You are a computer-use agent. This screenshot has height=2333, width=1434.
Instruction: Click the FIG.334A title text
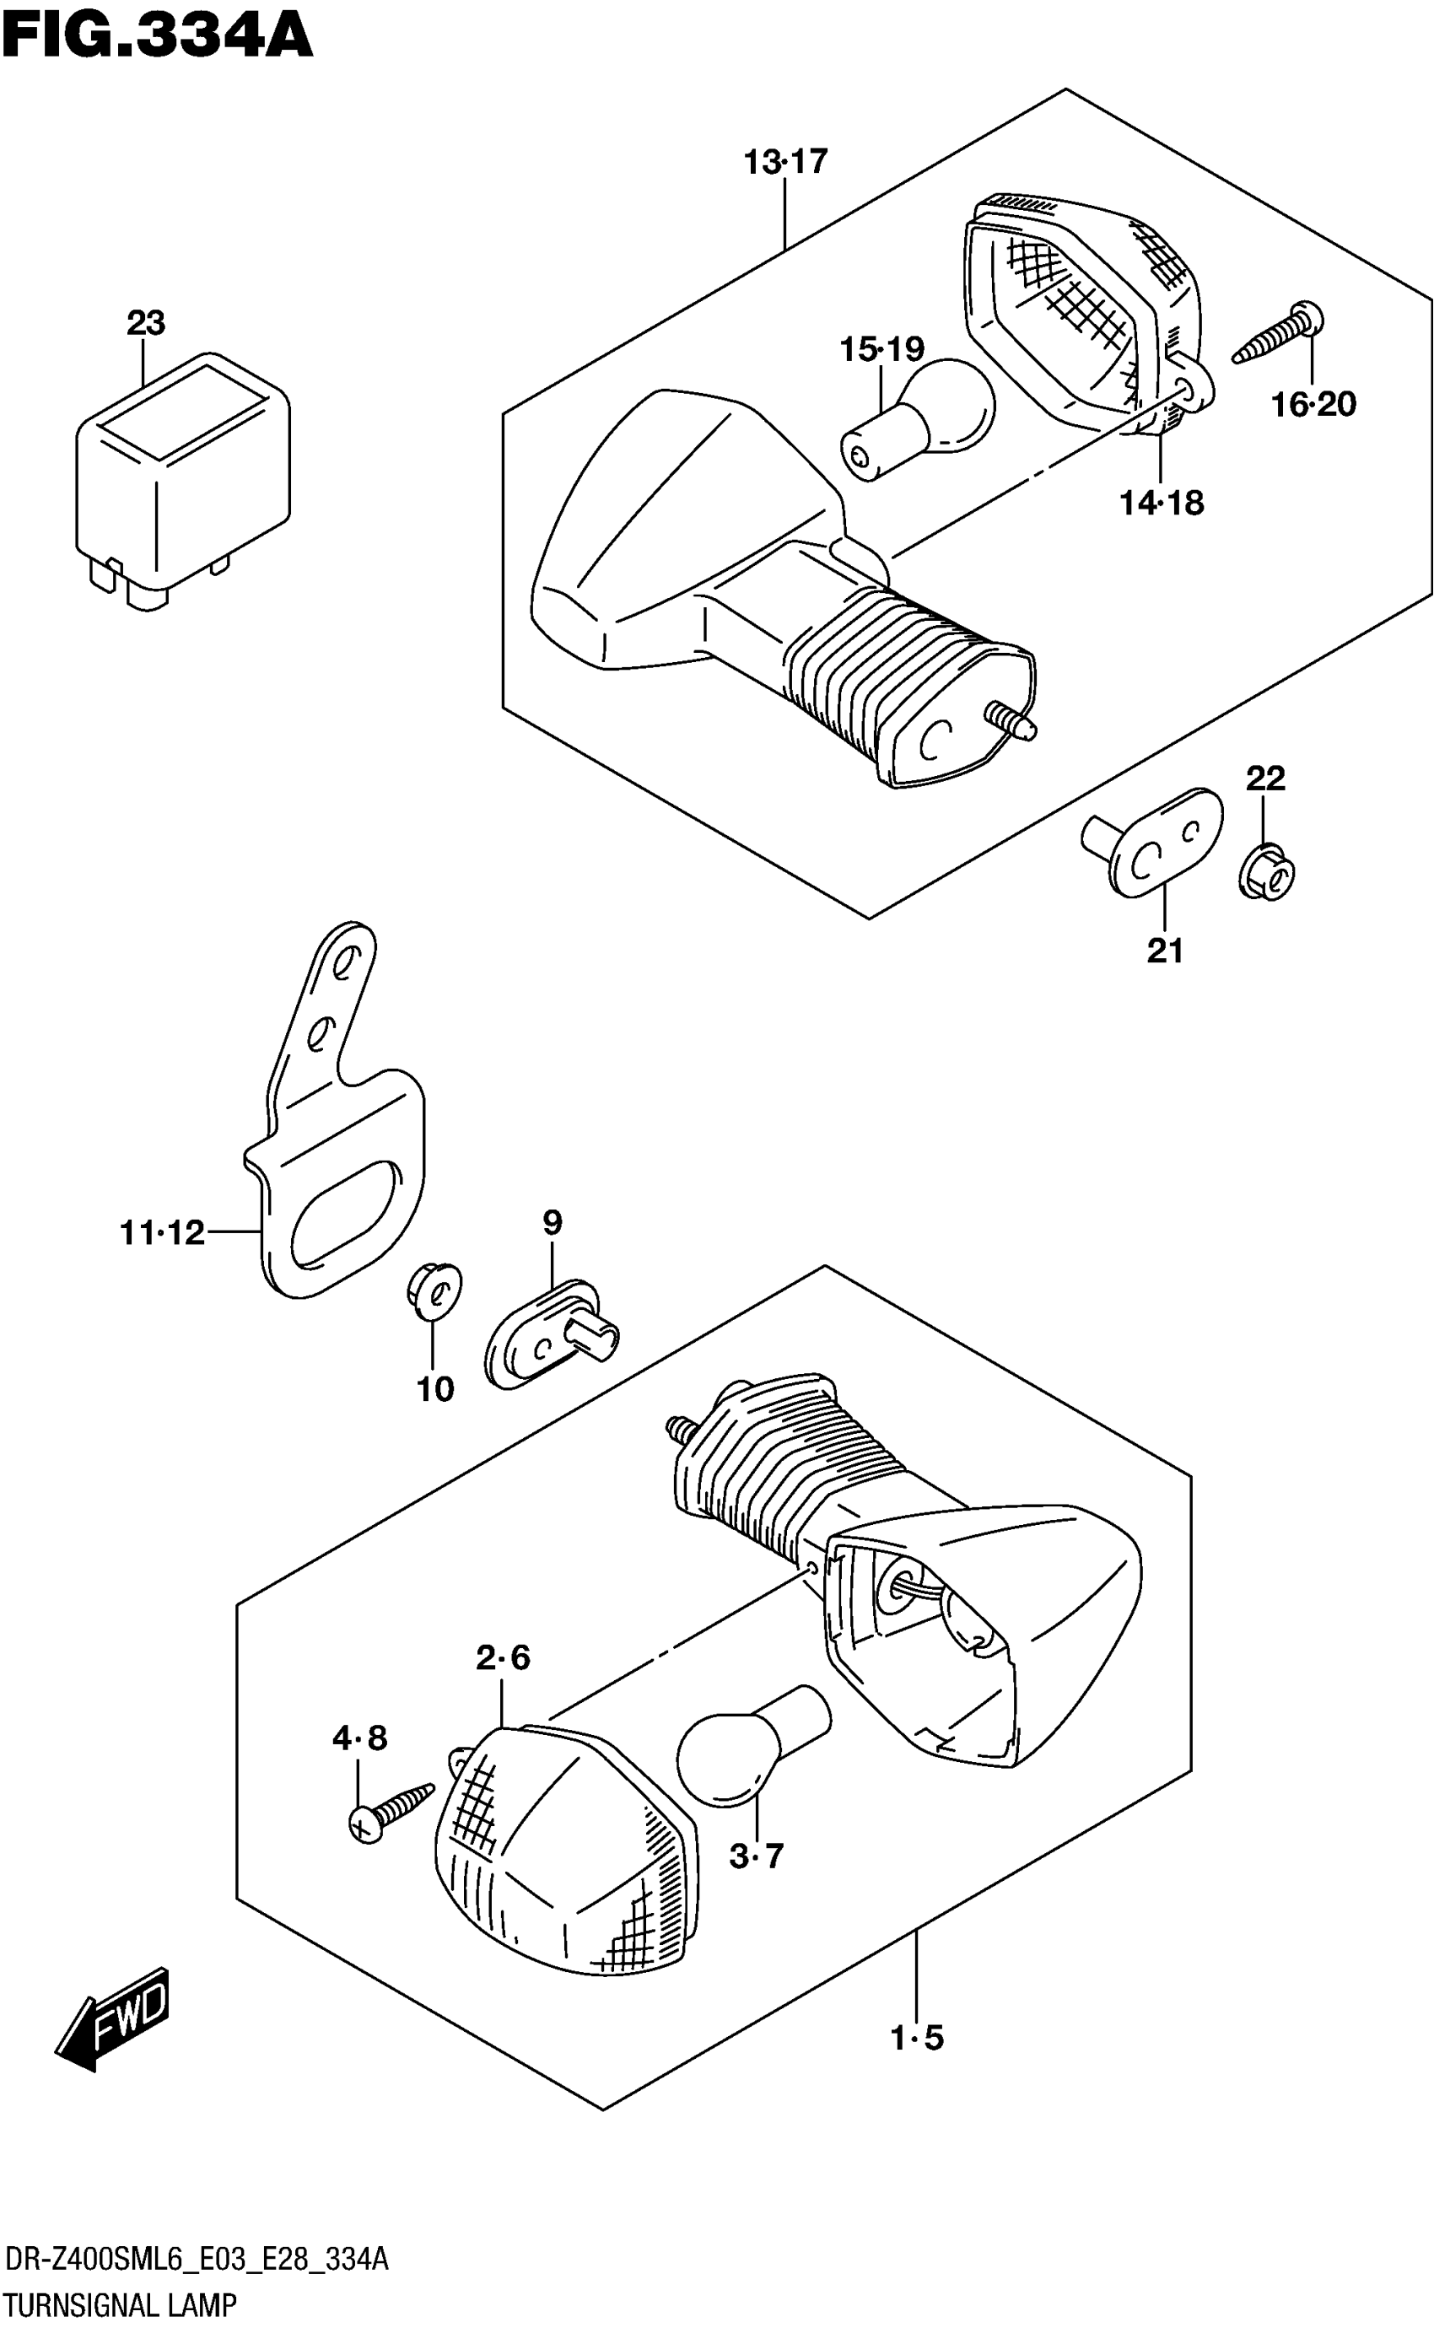coord(158,38)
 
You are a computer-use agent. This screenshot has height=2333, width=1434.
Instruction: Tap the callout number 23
coord(146,323)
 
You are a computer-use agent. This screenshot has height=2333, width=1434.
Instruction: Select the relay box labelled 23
coord(182,479)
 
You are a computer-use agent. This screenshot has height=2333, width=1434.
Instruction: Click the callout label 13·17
coord(785,162)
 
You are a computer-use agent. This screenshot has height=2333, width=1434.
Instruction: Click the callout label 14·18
coord(1162,503)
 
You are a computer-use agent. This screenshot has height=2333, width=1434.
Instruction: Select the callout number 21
coord(1166,951)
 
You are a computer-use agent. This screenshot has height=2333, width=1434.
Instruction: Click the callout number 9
coord(552,1222)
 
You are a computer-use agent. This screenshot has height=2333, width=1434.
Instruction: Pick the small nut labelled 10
coord(434,1290)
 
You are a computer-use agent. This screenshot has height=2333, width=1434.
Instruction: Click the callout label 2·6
coord(503,1657)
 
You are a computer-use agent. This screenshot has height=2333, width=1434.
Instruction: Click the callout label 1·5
coord(917,2037)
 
